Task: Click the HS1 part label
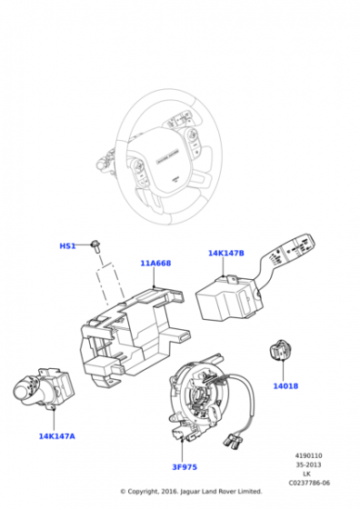pos(68,246)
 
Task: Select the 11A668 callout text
pos(155,264)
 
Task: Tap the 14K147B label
pos(225,254)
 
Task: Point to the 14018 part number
pos(285,385)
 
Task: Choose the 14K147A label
pos(56,436)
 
